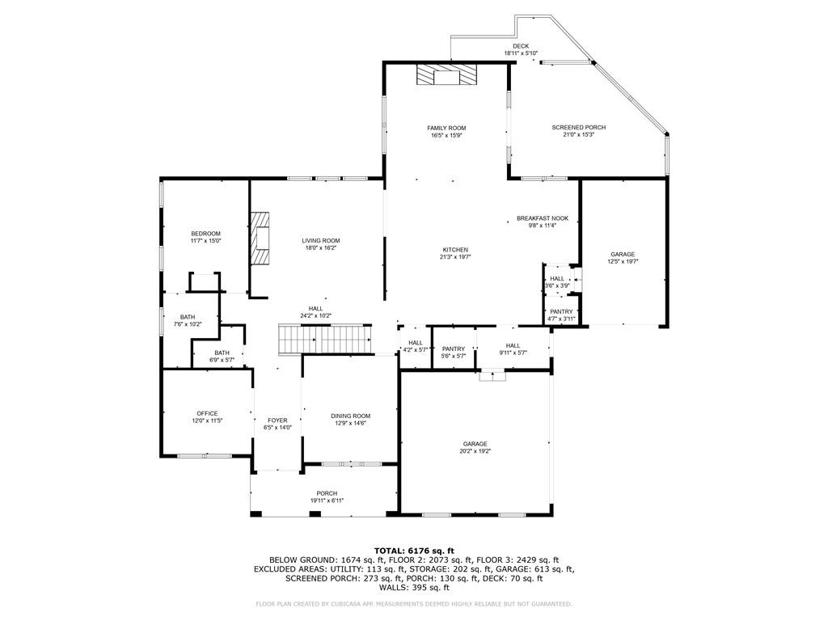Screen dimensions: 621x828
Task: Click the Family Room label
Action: [x=446, y=128]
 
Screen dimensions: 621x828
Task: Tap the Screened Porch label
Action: [x=578, y=128]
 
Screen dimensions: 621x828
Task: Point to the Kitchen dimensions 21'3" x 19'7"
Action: [x=455, y=257]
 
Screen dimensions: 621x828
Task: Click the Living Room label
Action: [x=320, y=240]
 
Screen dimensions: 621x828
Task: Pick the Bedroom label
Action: [x=205, y=234]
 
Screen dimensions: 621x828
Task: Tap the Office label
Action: [x=207, y=413]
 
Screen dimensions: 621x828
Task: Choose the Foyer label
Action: [x=277, y=420]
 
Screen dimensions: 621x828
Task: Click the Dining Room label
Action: [x=350, y=416]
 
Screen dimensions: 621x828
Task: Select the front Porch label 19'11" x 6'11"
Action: [x=327, y=493]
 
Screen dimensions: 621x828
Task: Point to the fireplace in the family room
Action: [x=446, y=75]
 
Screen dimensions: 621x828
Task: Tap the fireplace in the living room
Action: [x=260, y=239]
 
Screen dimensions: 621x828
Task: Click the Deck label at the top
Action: [x=521, y=46]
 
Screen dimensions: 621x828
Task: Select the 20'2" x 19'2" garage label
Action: [x=475, y=444]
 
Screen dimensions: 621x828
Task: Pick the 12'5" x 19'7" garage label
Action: [x=623, y=254]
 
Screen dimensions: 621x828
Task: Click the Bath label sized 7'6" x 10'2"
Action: [x=188, y=317]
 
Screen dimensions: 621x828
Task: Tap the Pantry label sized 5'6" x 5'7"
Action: [x=454, y=349]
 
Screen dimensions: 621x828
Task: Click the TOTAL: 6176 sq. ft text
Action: [x=414, y=550]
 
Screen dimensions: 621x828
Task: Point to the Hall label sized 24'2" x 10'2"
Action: [x=315, y=308]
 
